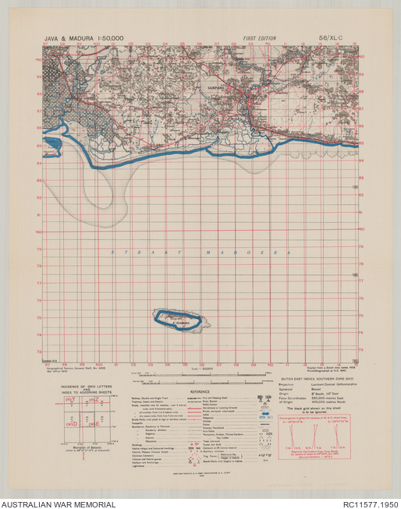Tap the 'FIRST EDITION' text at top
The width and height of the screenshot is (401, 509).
(260, 37)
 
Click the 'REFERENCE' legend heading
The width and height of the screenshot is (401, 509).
(202, 391)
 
